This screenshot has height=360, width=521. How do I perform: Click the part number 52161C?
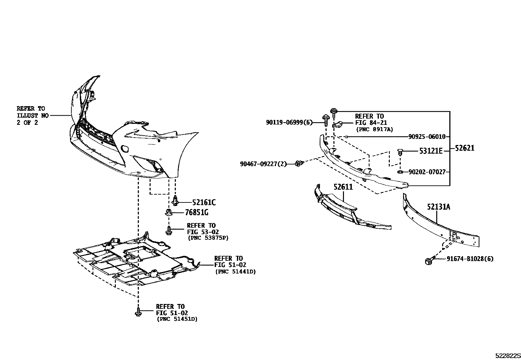pyautogui.click(x=204, y=203)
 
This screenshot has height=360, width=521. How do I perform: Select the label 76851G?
pyautogui.click(x=196, y=213)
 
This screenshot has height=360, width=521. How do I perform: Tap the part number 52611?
pyautogui.click(x=343, y=187)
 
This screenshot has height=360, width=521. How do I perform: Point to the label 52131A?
pyautogui.click(x=438, y=207)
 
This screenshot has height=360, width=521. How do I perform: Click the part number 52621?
pyautogui.click(x=464, y=148)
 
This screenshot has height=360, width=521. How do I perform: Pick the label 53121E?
pyautogui.click(x=431, y=151)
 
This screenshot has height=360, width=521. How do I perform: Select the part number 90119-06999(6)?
pyautogui.click(x=289, y=123)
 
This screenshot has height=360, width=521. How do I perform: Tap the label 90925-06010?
pyautogui.click(x=427, y=137)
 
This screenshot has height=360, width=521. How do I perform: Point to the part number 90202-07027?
pyautogui.click(x=427, y=172)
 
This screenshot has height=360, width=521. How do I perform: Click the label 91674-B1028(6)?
pyautogui.click(x=470, y=259)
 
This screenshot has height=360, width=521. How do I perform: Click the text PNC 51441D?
pyautogui.click(x=235, y=272)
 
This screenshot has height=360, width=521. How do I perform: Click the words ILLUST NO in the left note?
pyautogui.click(x=32, y=115)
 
